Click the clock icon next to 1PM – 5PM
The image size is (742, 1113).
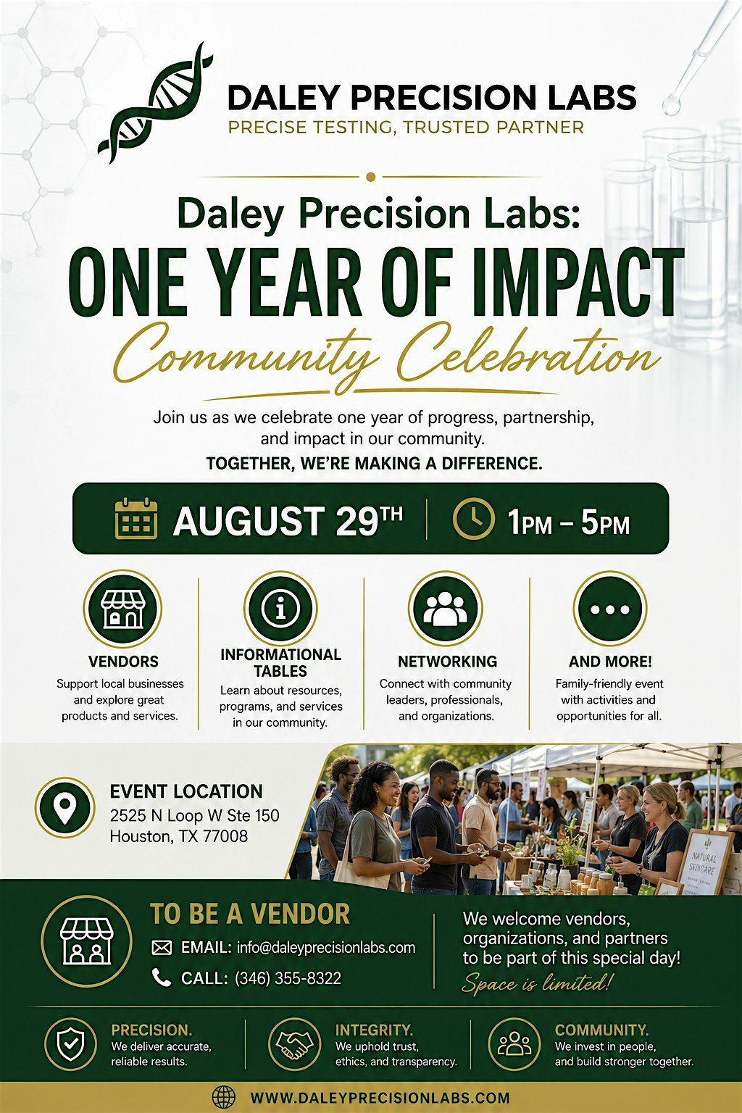click(474, 518)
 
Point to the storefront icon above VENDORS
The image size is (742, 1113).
click(122, 609)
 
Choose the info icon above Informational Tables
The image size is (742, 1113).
click(281, 608)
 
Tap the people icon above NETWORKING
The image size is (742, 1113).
click(446, 608)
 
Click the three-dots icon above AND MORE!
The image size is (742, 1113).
click(610, 608)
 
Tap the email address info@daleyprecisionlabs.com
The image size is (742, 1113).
click(326, 948)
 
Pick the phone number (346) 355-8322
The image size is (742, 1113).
click(288, 977)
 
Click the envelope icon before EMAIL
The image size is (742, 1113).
click(162, 948)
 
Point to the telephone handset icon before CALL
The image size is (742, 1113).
click(161, 977)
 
